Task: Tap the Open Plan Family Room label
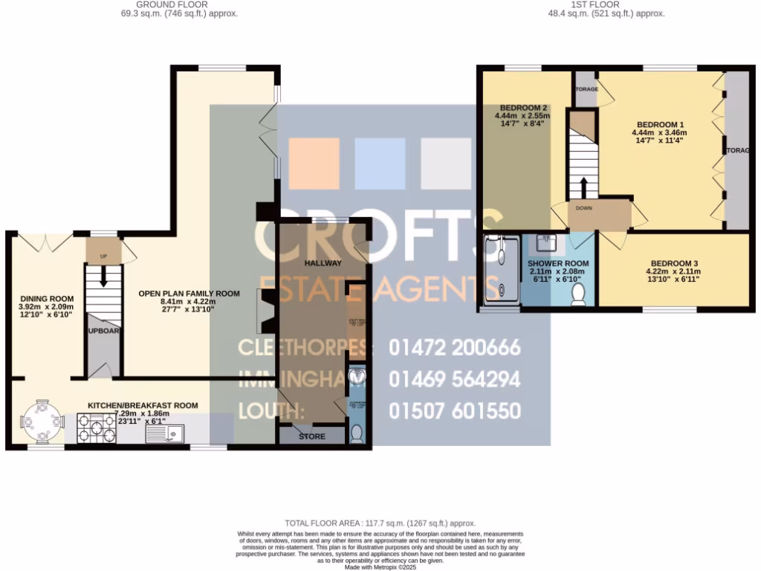coord(189,294)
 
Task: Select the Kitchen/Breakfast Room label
coord(143,405)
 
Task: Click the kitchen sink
coord(165,433)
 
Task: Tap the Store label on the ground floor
coord(311,436)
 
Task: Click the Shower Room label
coord(558,263)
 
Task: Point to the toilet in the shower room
coord(578,297)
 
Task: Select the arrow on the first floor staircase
coord(583,186)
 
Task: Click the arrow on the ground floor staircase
coord(103,275)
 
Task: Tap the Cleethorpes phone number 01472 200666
coord(454,347)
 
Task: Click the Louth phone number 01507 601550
coord(454,411)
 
